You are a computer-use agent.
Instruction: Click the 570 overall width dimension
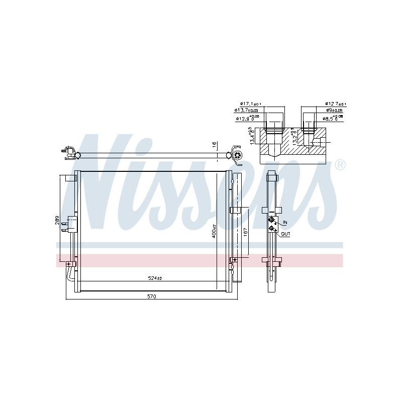(x=152, y=296)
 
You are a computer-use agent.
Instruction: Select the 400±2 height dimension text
(x=214, y=231)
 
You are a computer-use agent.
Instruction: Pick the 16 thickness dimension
(x=214, y=145)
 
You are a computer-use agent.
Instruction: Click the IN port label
(x=284, y=222)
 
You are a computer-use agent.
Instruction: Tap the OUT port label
(x=285, y=234)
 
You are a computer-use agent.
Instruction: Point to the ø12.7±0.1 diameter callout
(x=336, y=105)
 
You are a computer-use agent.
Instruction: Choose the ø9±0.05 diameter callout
(x=334, y=111)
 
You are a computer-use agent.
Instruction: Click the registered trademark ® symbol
(x=340, y=164)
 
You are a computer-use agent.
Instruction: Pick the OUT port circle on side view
(x=272, y=229)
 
